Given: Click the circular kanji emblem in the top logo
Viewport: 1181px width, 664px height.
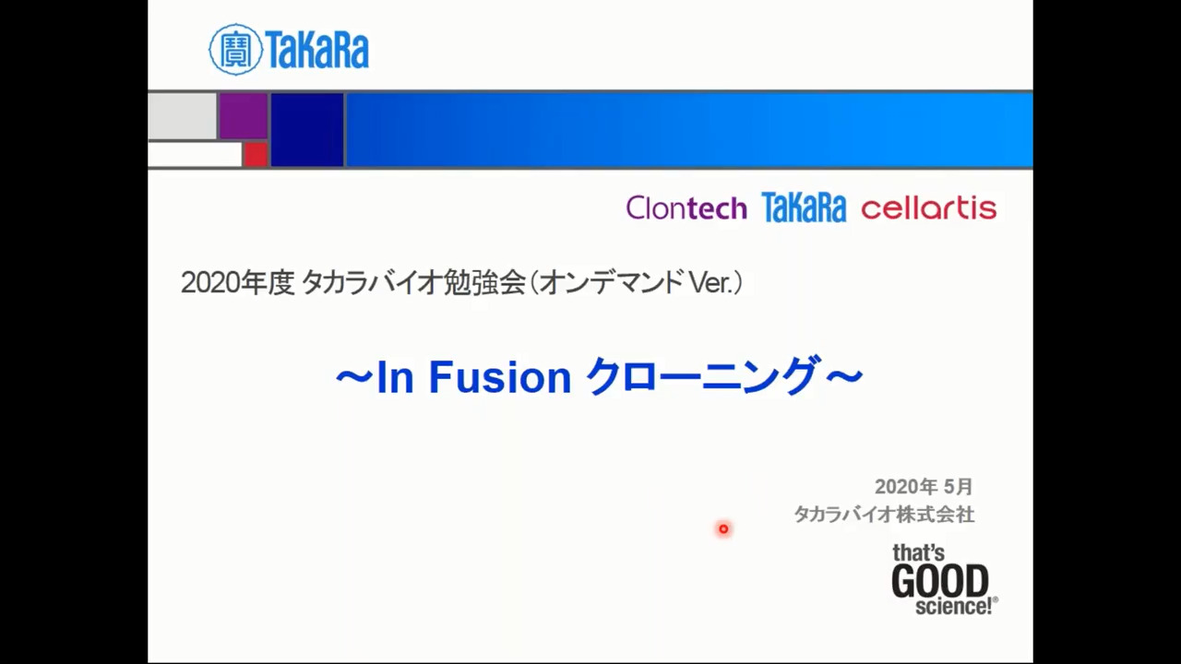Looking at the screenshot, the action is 235,50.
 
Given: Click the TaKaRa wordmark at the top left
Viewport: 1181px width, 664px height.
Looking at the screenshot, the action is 316,50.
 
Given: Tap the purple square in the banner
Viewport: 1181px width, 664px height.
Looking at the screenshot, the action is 244,116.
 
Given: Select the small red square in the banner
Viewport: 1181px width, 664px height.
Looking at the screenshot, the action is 256,154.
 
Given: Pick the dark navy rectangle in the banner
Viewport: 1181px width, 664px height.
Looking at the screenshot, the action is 307,130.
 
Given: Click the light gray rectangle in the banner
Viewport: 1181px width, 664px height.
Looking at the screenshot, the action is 183,116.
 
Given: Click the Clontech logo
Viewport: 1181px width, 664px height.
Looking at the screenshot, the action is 686,208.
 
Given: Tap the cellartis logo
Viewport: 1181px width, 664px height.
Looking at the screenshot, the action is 929,208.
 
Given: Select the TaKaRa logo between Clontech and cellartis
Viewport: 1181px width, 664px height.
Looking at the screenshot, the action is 804,207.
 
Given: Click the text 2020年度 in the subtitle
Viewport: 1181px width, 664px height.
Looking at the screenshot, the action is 237,283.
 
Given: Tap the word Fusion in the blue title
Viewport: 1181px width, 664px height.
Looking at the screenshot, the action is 500,377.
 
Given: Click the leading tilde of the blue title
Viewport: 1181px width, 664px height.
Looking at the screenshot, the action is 354,377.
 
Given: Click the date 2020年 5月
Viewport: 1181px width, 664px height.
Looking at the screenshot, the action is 924,486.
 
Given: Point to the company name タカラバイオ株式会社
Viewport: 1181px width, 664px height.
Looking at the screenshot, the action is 884,515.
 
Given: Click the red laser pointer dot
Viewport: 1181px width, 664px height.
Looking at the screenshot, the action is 723,528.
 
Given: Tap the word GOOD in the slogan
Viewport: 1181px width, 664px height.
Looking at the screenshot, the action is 940,581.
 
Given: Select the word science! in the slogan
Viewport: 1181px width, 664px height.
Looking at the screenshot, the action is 954,607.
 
